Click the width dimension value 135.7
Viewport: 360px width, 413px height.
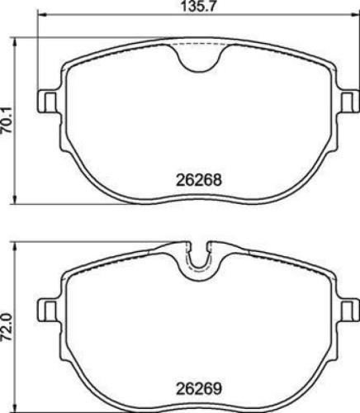[x=196, y=9]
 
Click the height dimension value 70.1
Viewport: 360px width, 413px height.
[x=8, y=119]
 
